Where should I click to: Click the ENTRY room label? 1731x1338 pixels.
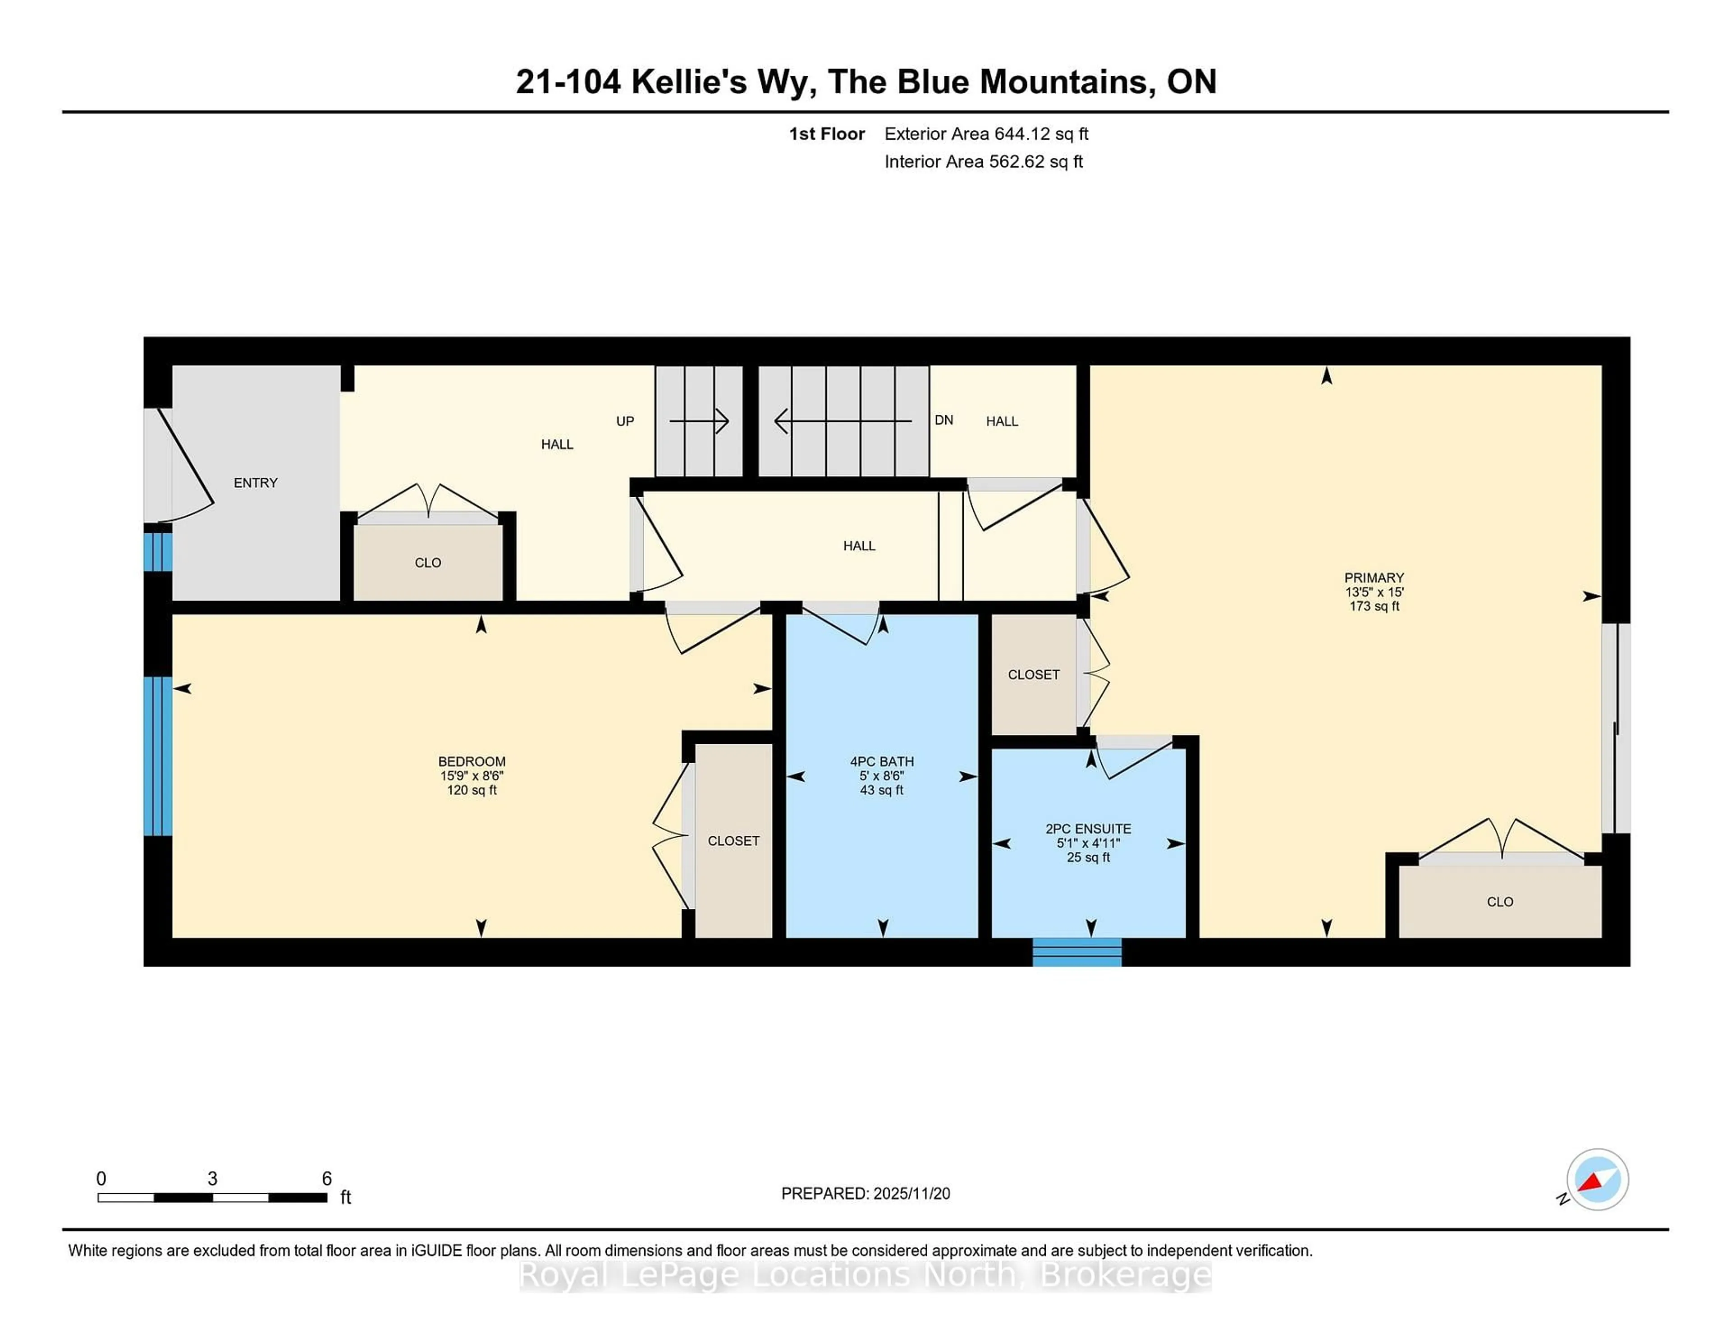pyautogui.click(x=255, y=483)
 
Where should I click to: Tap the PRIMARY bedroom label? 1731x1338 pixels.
pyautogui.click(x=1374, y=578)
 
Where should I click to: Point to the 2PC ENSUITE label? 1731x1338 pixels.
pyautogui.click(x=1088, y=829)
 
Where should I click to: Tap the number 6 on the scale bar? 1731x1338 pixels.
pyautogui.click(x=326, y=1179)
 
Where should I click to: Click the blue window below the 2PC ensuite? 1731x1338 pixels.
pyautogui.click(x=1076, y=952)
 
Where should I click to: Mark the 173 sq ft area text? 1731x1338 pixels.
pyautogui.click(x=1374, y=606)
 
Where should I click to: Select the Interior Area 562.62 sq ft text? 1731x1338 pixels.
pyautogui.click(x=984, y=162)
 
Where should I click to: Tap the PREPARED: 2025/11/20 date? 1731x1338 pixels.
pyautogui.click(x=865, y=1194)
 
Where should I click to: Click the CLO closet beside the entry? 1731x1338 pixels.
pyautogui.click(x=428, y=563)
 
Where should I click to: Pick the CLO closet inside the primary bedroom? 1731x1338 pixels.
pyautogui.click(x=1500, y=902)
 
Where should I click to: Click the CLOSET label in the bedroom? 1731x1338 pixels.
pyautogui.click(x=733, y=841)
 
